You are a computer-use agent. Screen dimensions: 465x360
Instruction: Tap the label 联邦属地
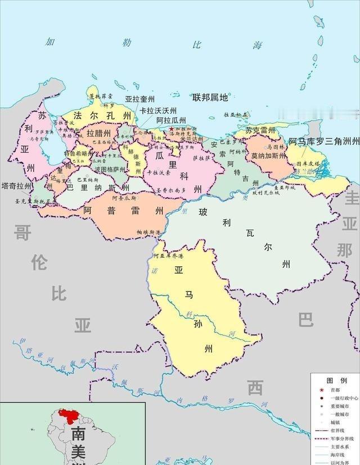(x=210, y=97)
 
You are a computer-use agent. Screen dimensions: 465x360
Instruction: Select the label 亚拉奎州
(x=139, y=100)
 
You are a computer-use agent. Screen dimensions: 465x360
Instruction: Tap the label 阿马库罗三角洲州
(x=323, y=142)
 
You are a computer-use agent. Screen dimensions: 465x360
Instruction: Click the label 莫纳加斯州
(x=268, y=155)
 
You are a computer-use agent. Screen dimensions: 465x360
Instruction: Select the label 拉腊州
(x=98, y=133)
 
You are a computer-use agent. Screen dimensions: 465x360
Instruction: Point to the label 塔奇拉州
(x=16, y=186)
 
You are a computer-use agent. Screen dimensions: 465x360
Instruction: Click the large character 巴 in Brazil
(x=305, y=320)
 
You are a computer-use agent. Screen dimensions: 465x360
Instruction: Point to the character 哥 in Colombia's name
(x=22, y=232)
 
